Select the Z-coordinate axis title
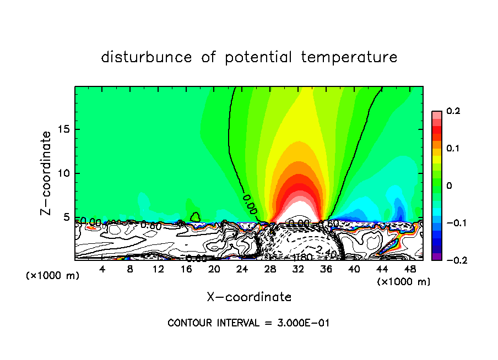click(46, 173)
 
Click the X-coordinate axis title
click(249, 297)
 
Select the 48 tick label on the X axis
click(409, 269)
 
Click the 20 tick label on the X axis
click(214, 269)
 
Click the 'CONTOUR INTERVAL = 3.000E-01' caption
click(248, 323)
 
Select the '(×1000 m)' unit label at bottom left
click(53, 276)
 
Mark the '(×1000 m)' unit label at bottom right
click(404, 281)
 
